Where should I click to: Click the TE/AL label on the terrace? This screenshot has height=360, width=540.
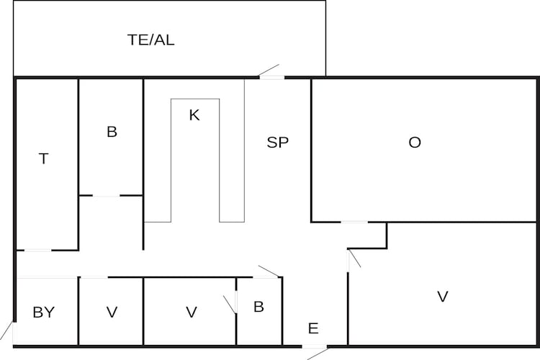pyautogui.click(x=151, y=40)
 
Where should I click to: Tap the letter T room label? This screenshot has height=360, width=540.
pyautogui.click(x=44, y=159)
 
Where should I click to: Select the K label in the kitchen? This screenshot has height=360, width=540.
pyautogui.click(x=194, y=115)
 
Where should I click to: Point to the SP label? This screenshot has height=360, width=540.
pyautogui.click(x=278, y=143)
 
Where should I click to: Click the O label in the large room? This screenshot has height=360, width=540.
pyautogui.click(x=415, y=143)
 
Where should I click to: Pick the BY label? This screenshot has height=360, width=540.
pyautogui.click(x=43, y=312)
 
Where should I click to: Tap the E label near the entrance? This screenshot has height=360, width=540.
pyautogui.click(x=313, y=329)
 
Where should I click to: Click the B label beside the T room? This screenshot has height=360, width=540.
pyautogui.click(x=112, y=132)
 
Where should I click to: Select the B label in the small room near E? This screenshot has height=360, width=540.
pyautogui.click(x=258, y=307)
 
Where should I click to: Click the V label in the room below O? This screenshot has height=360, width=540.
pyautogui.click(x=443, y=296)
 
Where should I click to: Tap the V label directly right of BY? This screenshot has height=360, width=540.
pyautogui.click(x=112, y=312)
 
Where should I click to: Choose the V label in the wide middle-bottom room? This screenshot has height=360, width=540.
pyautogui.click(x=192, y=312)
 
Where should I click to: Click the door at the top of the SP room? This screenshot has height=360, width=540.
pyautogui.click(x=271, y=74)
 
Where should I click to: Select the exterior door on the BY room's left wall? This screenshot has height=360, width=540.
pyautogui.click(x=10, y=331)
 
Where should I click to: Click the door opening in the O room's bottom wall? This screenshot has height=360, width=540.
pyautogui.click(x=354, y=222)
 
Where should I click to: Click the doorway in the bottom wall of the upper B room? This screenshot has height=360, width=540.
pyautogui.click(x=106, y=195)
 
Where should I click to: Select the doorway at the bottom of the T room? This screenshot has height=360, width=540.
pyautogui.click(x=37, y=251)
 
